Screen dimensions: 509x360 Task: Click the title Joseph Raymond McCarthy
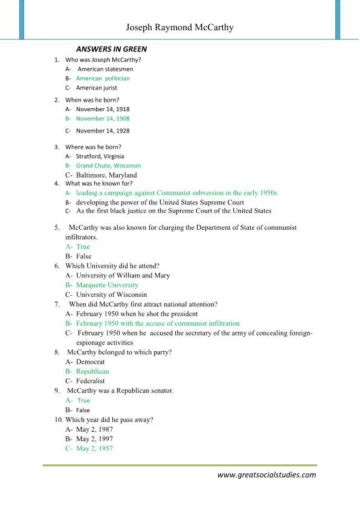pyautogui.click(x=179, y=28)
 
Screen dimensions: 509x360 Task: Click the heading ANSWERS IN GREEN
pyautogui.click(x=111, y=49)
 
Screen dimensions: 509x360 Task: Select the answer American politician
pyautogui.click(x=103, y=79)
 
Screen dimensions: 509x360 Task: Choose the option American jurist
pyautogui.click(x=97, y=88)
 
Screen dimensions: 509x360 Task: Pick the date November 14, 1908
pyautogui.click(x=103, y=118)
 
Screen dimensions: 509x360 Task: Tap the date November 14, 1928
pyautogui.click(x=103, y=131)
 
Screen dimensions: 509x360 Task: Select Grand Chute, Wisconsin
pyautogui.click(x=109, y=166)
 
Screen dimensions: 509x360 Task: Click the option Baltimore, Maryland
pyautogui.click(x=106, y=175)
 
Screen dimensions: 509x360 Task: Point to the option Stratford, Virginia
pyautogui.click(x=100, y=156)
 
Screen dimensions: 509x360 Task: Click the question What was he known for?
pyautogui.click(x=98, y=183)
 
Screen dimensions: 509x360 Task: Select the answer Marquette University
pyautogui.click(x=107, y=285)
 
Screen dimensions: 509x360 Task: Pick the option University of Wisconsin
pyautogui.click(x=112, y=294)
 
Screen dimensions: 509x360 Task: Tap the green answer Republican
pyautogui.click(x=92, y=371)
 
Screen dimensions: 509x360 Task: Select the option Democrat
pyautogui.click(x=91, y=361)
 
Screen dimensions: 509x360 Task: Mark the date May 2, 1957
pyautogui.click(x=94, y=449)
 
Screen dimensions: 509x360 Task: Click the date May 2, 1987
pyautogui.click(x=94, y=429)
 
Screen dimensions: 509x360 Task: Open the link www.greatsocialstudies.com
pyautogui.click(x=266, y=475)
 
